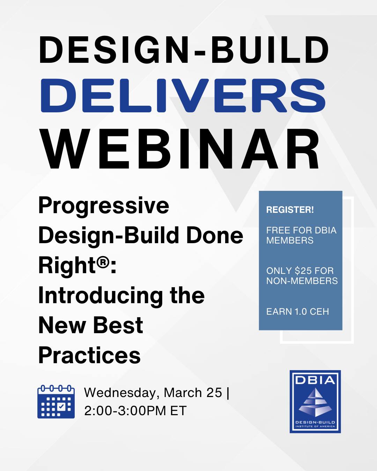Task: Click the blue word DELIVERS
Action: (183, 96)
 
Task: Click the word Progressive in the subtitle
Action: (104, 205)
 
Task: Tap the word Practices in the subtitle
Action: (89, 356)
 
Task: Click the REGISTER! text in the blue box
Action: (290, 210)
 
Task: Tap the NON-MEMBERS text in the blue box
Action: (302, 281)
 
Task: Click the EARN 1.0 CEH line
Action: (297, 311)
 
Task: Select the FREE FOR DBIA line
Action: (301, 230)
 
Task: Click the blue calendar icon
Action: (56, 402)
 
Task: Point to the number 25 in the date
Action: (214, 393)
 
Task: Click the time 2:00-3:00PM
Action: (125, 411)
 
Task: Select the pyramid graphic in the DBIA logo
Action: (315, 402)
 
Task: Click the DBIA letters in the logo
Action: (315, 380)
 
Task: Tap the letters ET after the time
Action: (178, 411)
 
